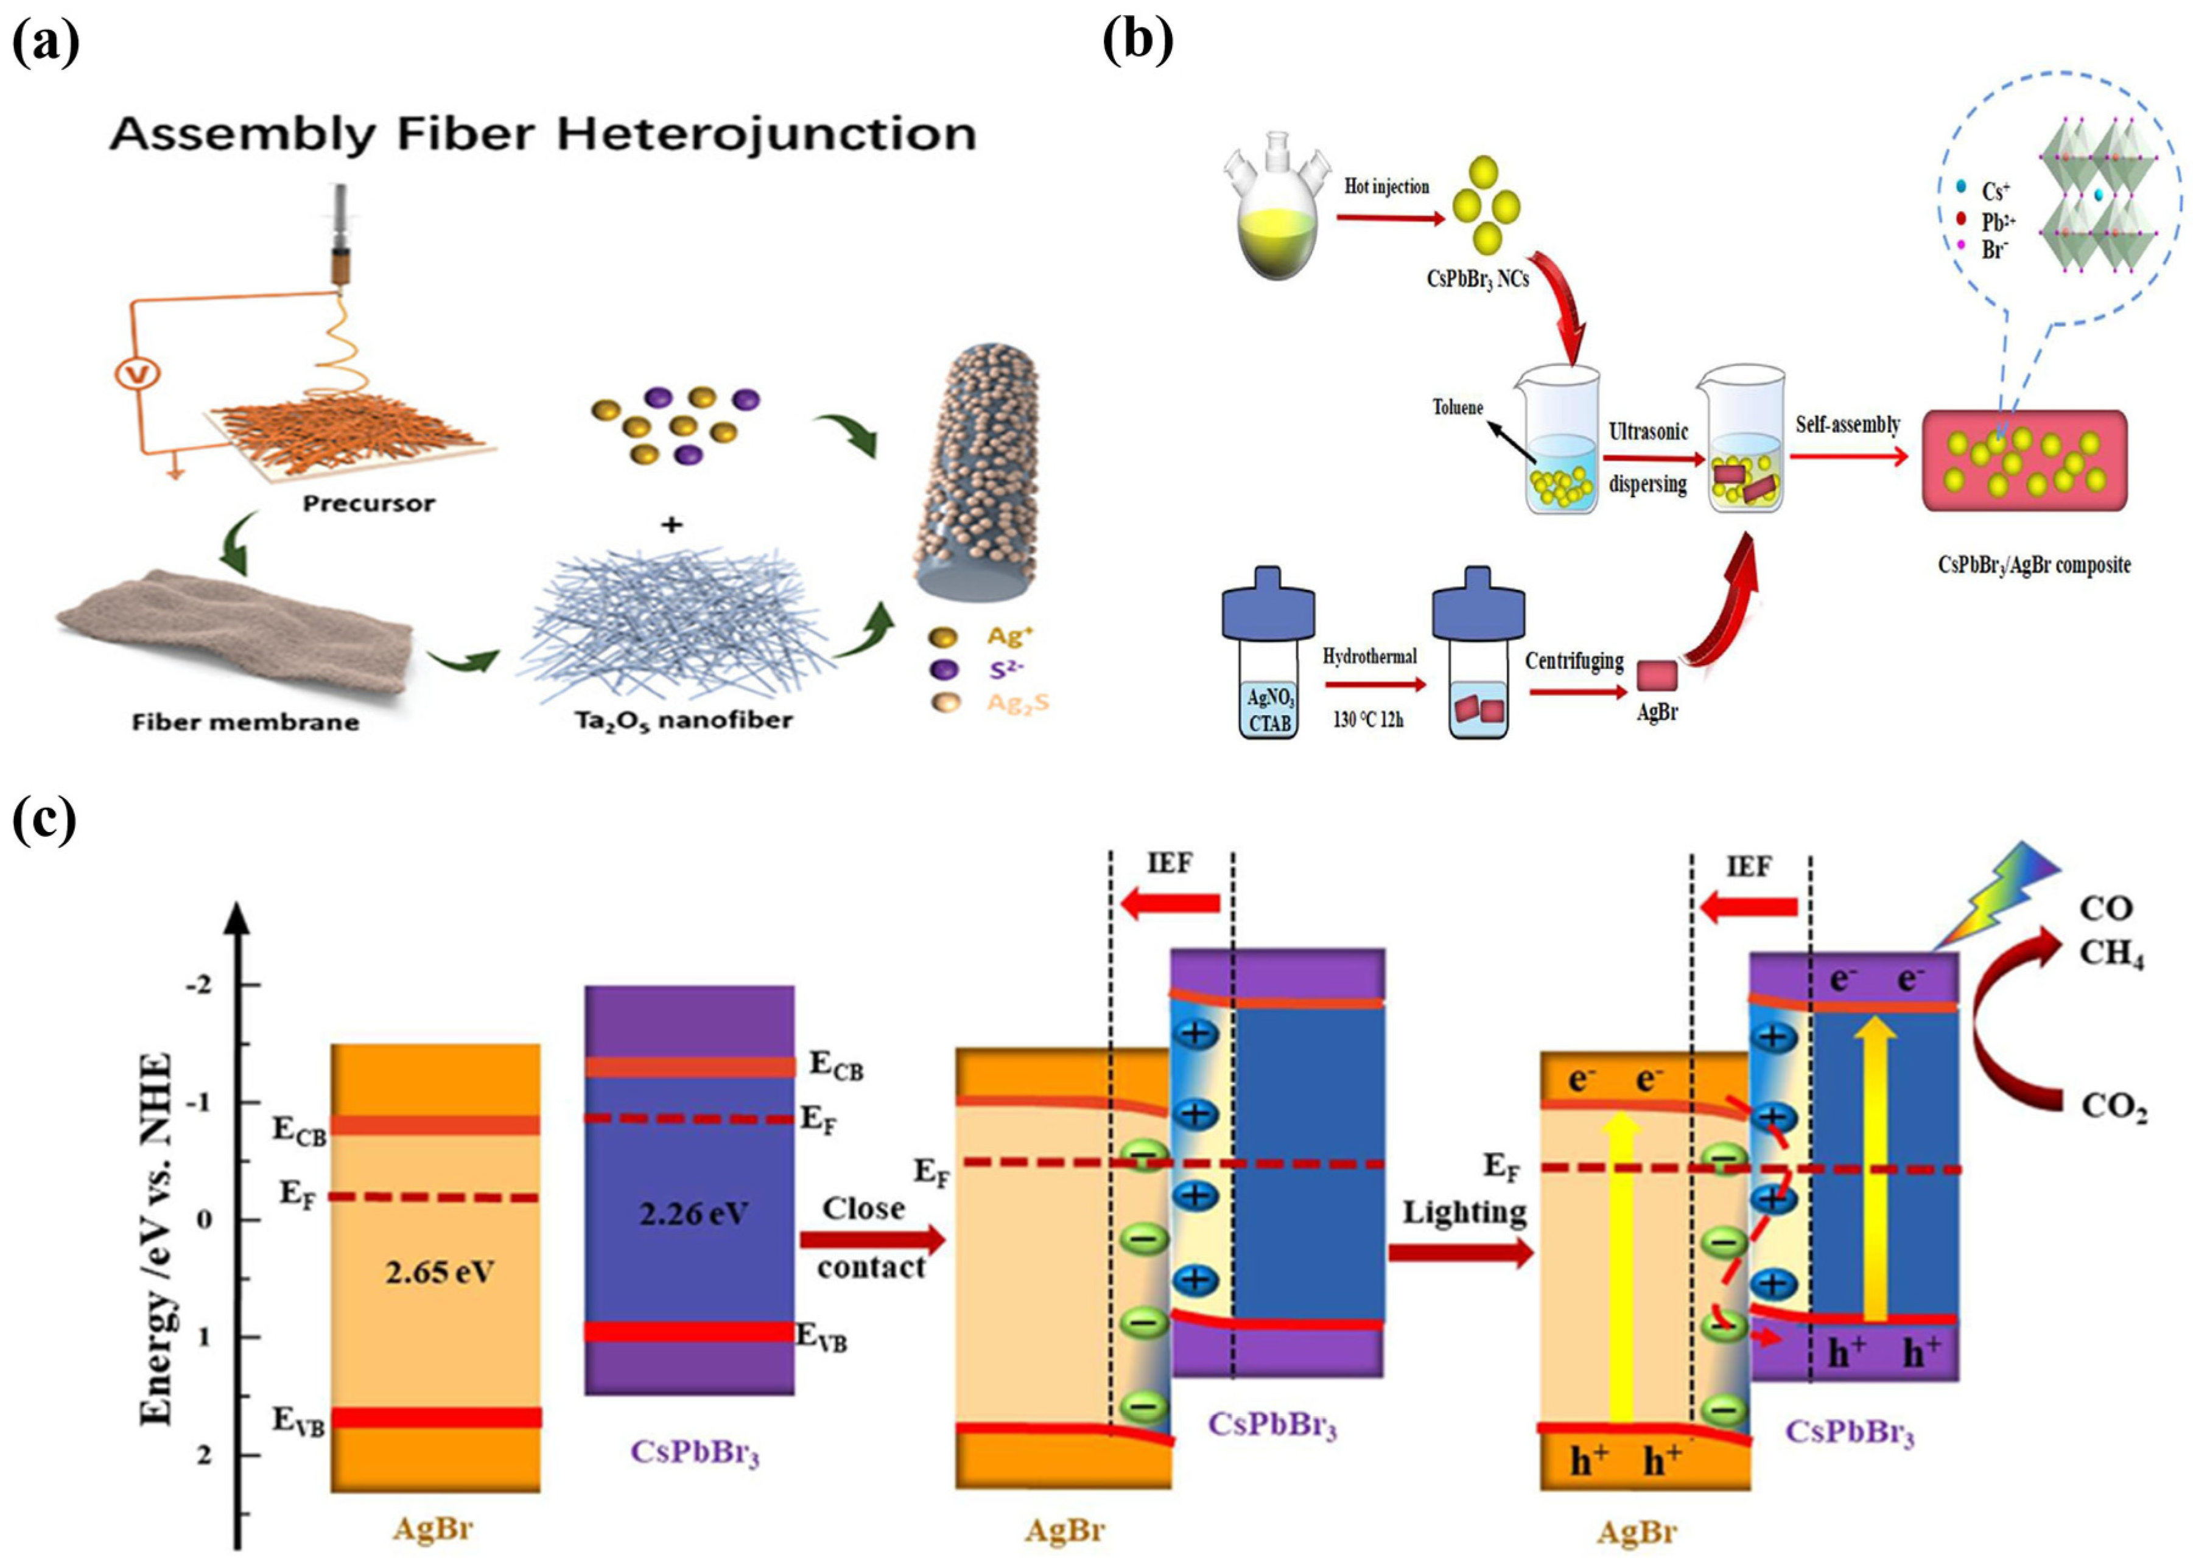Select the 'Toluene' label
(1457, 407)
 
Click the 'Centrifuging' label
(1574, 662)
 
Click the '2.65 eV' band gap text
(439, 1273)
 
